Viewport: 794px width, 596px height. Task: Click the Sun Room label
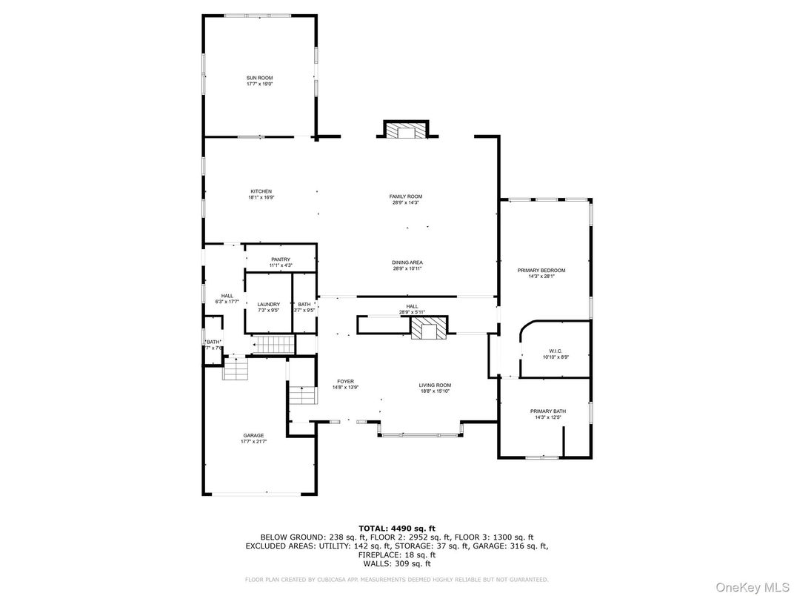point(259,78)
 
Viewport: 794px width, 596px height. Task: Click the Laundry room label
point(268,305)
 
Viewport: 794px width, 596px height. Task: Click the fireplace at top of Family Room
point(405,130)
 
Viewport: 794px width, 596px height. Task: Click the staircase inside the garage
point(235,369)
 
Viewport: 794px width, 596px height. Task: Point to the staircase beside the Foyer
point(303,395)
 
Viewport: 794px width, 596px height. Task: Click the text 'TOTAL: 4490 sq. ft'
point(396,528)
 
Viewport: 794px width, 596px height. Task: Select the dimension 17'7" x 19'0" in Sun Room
point(259,84)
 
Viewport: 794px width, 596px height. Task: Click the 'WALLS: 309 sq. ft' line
point(396,563)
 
